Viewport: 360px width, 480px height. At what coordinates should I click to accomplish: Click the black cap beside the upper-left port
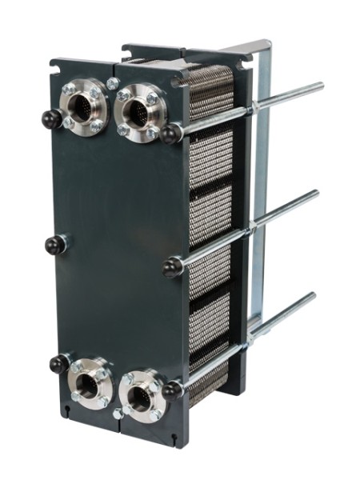(51, 119)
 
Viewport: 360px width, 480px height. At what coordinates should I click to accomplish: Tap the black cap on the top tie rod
(170, 133)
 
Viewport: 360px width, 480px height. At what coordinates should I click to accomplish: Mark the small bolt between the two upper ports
(112, 84)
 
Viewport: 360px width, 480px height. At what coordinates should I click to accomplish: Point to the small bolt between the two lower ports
(118, 414)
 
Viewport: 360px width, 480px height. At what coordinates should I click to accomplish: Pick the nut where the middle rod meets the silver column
(254, 228)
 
